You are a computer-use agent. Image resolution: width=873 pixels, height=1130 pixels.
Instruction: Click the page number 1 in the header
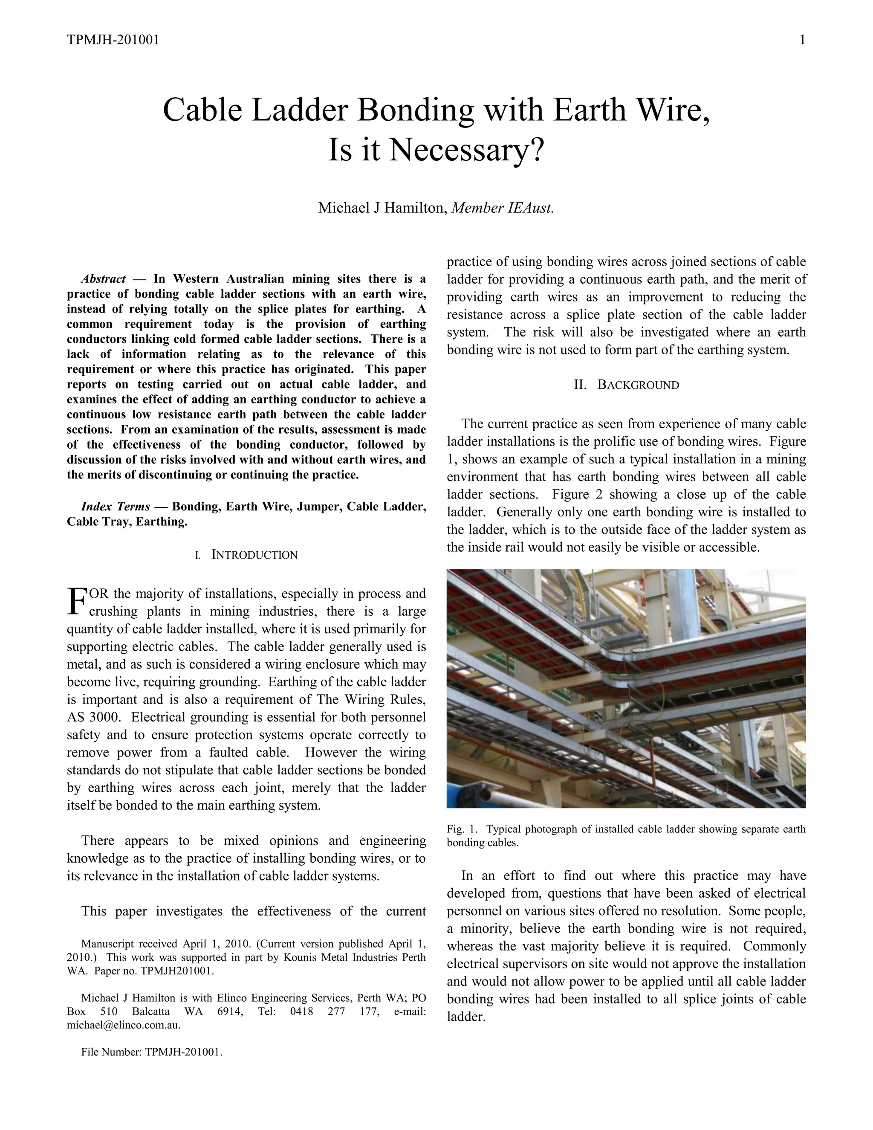tap(802, 40)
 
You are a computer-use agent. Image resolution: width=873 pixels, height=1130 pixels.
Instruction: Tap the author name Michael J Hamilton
tap(382, 208)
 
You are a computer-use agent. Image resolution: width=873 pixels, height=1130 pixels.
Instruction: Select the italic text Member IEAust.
tap(502, 208)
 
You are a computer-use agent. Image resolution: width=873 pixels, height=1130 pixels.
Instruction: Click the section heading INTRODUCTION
tap(254, 555)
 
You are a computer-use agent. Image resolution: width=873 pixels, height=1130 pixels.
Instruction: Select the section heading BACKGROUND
tap(638, 385)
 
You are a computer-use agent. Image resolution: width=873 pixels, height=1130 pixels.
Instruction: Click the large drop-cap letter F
tap(77, 601)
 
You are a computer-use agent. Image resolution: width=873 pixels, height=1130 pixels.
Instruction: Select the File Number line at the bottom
tap(151, 1052)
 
